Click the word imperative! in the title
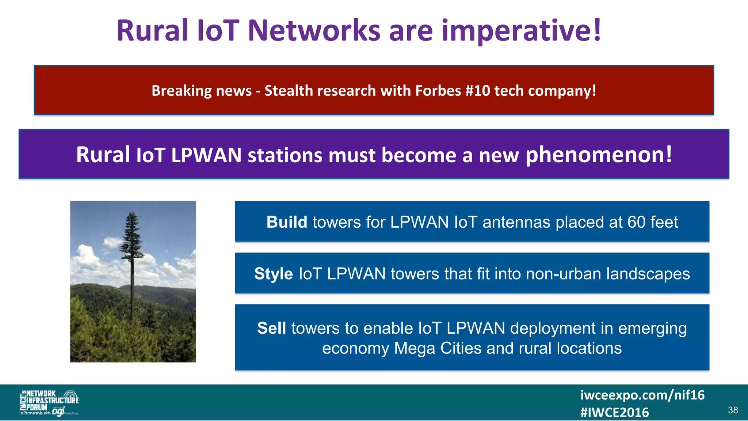pyautogui.click(x=521, y=31)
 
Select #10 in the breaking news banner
pyautogui.click(x=478, y=91)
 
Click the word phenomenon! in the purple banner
pyautogui.click(x=598, y=155)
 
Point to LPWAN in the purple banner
pyautogui.click(x=206, y=155)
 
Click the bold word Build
pyautogui.click(x=287, y=222)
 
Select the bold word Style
pyautogui.click(x=273, y=274)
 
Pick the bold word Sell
pyautogui.click(x=271, y=328)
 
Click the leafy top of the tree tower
pyautogui.click(x=131, y=234)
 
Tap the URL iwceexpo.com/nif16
pyautogui.click(x=642, y=395)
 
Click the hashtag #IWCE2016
pyautogui.click(x=614, y=413)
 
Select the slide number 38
pyautogui.click(x=733, y=410)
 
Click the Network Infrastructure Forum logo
pyautogui.click(x=49, y=403)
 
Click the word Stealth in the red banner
pyautogui.click(x=289, y=91)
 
